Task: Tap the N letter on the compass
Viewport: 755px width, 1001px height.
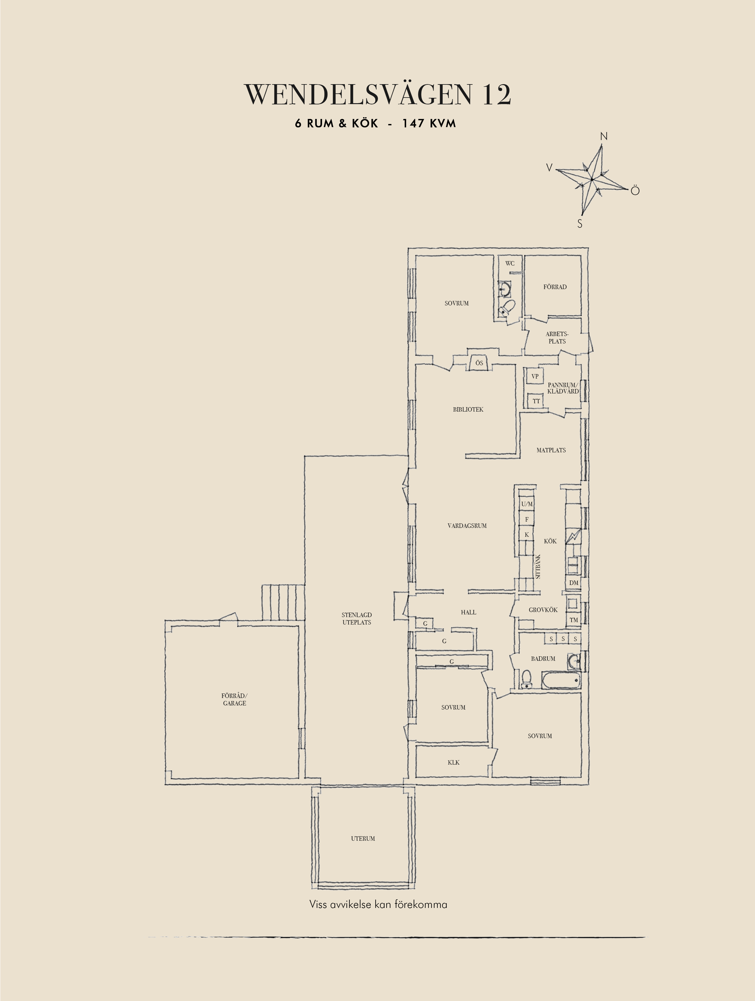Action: (603, 136)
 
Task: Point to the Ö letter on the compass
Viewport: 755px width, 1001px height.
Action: (635, 191)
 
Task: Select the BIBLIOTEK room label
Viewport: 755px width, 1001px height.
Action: (468, 409)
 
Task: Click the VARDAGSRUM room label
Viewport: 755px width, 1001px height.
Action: (467, 526)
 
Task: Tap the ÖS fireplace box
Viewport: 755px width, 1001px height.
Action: (479, 363)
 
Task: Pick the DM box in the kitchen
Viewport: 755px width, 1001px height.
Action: (574, 583)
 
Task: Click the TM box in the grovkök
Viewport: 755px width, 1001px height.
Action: (574, 620)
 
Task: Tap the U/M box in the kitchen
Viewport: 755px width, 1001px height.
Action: (527, 504)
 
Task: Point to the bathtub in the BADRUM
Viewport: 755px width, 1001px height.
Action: (561, 681)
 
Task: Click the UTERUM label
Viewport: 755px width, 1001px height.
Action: (363, 839)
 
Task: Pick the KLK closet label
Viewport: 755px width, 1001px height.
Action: (454, 762)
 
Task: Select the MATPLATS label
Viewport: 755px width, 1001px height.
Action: (551, 450)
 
